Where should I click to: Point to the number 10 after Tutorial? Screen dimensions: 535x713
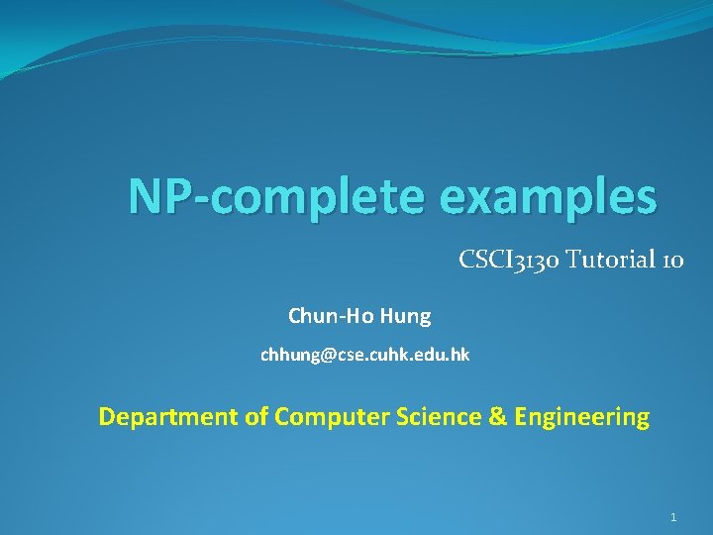(x=672, y=261)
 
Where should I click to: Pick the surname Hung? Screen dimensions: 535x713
(x=405, y=316)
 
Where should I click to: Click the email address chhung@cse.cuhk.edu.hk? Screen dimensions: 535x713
(x=364, y=355)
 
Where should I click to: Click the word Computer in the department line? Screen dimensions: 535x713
(x=320, y=417)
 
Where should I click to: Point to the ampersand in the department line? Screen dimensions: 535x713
(x=497, y=417)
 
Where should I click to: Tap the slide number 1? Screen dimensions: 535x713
(x=673, y=517)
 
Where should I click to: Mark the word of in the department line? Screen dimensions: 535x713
(x=256, y=417)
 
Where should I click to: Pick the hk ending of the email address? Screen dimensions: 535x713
(x=460, y=355)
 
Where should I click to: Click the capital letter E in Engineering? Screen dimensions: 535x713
(x=522, y=417)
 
